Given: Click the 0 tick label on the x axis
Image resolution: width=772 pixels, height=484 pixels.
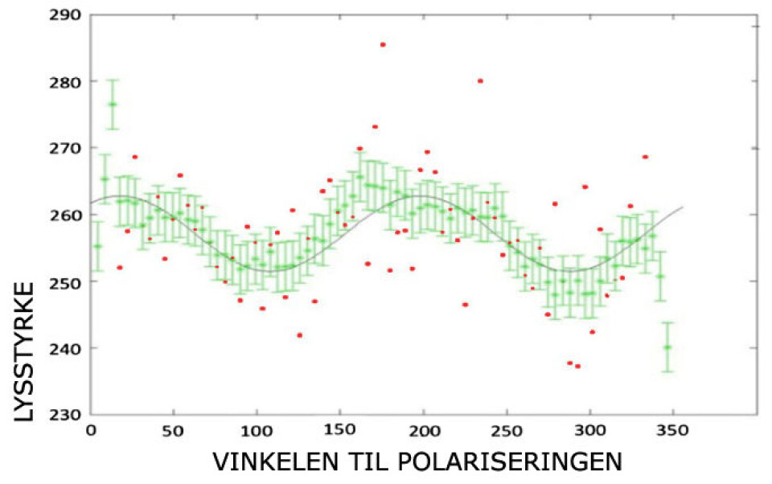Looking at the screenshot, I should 91,432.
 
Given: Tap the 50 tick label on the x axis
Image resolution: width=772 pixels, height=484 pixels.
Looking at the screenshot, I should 173,432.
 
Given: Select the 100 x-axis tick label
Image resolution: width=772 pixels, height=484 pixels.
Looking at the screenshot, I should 257,432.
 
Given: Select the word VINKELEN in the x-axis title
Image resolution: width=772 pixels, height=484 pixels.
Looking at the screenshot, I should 272,463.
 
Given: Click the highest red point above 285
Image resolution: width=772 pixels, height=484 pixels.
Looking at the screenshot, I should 383,44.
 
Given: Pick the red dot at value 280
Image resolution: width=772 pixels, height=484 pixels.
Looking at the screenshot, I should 480,80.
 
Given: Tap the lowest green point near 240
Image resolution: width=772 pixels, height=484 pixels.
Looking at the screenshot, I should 667,347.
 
